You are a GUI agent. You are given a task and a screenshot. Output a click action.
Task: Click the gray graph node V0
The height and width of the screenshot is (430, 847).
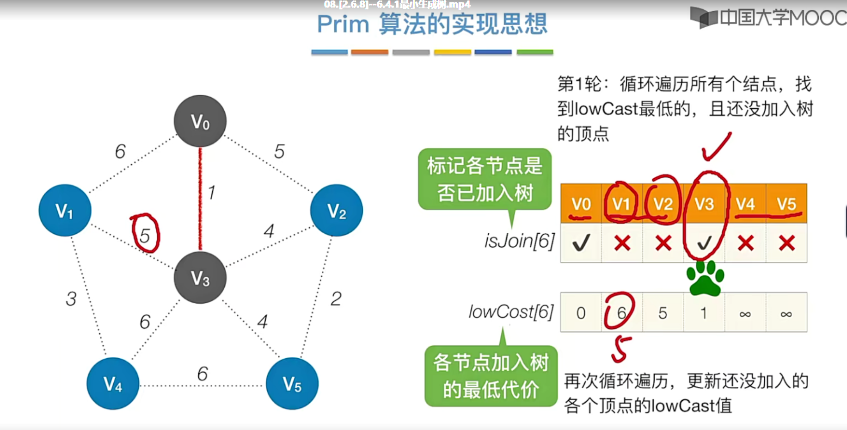click(200, 121)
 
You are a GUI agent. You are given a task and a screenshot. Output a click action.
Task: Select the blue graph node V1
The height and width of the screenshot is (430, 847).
click(65, 211)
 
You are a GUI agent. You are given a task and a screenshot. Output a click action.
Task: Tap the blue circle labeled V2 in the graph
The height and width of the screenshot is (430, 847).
click(336, 211)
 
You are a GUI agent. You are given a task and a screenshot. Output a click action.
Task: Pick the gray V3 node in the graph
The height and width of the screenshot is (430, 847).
click(200, 278)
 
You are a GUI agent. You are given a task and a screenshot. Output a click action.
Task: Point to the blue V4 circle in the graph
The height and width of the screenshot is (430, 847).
click(113, 384)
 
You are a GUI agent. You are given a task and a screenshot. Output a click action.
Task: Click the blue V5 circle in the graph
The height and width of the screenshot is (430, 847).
click(292, 384)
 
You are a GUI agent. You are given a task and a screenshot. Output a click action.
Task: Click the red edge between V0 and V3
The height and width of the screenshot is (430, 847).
click(200, 199)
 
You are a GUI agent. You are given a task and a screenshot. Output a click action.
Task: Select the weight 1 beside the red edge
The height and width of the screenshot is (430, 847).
click(212, 193)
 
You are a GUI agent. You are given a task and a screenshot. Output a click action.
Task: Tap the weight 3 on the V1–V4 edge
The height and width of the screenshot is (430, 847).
click(71, 299)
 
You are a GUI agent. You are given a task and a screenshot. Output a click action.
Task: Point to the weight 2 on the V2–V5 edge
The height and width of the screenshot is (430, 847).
click(336, 299)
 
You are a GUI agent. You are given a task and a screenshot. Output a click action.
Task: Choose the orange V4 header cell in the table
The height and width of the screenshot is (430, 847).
click(745, 204)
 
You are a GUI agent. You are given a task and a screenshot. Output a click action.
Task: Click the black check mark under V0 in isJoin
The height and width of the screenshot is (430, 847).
click(581, 243)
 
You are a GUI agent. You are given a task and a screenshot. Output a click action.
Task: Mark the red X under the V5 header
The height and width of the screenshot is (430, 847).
click(786, 243)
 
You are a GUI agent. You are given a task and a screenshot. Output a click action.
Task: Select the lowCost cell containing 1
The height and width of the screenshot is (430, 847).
click(704, 313)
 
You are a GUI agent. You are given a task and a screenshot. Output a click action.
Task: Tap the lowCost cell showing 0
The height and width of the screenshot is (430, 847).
click(581, 313)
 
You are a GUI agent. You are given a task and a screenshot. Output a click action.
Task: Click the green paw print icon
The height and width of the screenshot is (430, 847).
click(705, 278)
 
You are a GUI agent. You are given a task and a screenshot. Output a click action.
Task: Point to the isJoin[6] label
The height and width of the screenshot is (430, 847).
click(519, 241)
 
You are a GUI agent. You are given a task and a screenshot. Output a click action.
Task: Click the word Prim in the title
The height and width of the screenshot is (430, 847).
click(343, 24)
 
